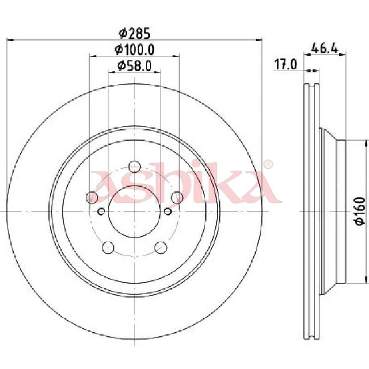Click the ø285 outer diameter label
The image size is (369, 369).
(x=135, y=33)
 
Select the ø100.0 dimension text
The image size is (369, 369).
(x=135, y=50)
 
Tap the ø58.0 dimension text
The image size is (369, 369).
(x=135, y=65)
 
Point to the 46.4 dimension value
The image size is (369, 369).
(x=325, y=49)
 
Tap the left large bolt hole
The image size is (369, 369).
(x=92, y=197)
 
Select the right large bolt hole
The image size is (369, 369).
(x=177, y=197)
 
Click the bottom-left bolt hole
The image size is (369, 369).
(x=108, y=247)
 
